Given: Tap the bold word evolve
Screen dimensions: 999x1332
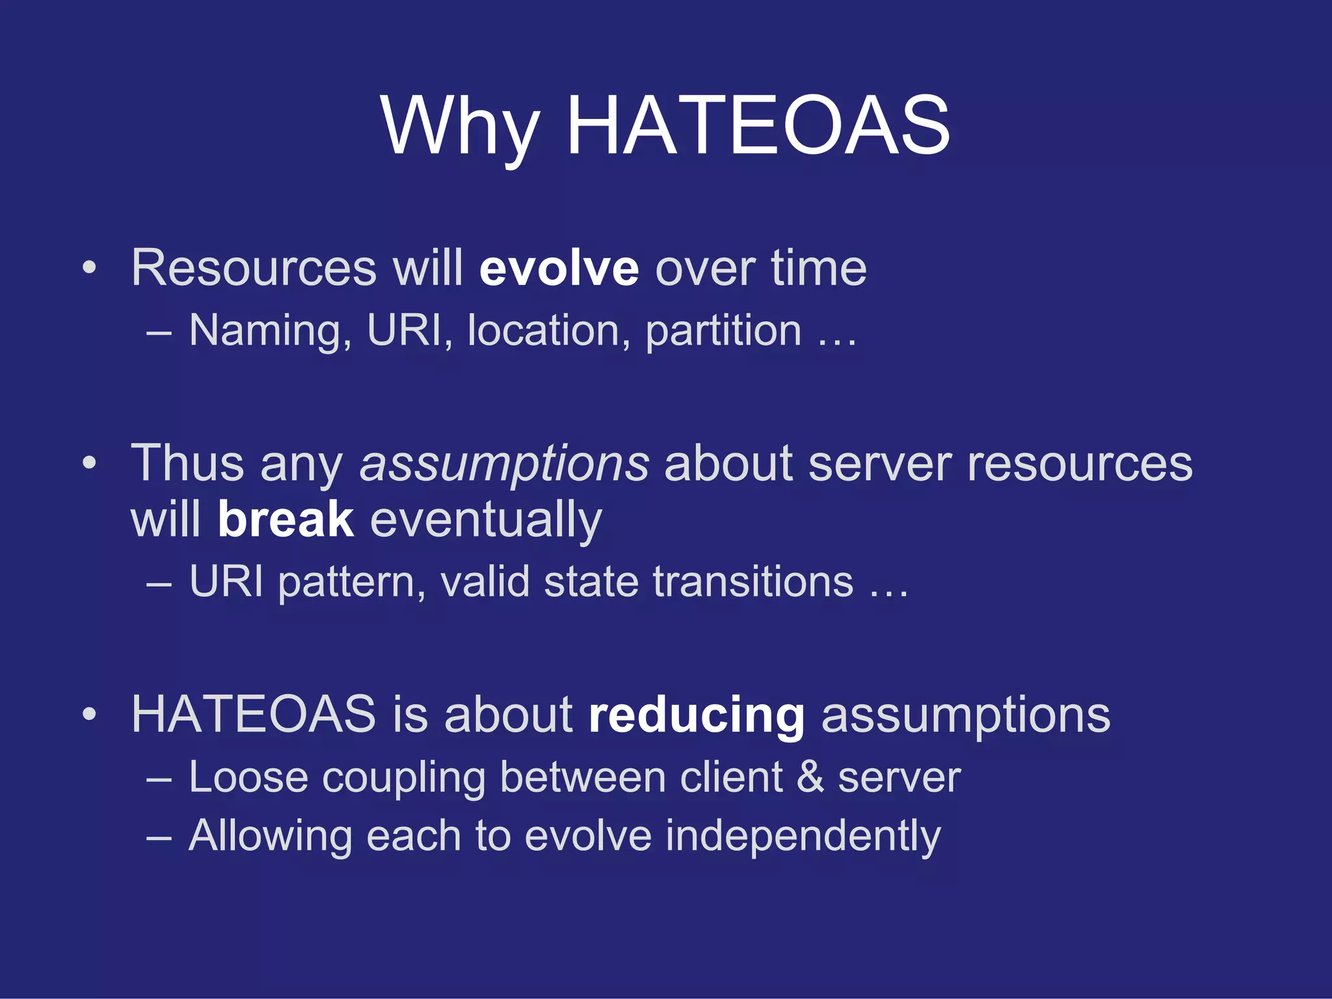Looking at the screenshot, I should pyautogui.click(x=559, y=268).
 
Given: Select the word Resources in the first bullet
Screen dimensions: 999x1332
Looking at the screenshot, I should pyautogui.click(x=254, y=268).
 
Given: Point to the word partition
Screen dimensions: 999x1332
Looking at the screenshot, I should pyautogui.click(x=723, y=330).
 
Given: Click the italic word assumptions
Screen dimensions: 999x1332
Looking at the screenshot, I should pyautogui.click(x=504, y=464).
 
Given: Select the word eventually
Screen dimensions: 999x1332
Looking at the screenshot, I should pyautogui.click(x=486, y=520).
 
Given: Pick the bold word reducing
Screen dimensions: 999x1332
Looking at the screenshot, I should pyautogui.click(x=696, y=715).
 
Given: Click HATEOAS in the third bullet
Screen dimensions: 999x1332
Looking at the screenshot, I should pyautogui.click(x=254, y=715).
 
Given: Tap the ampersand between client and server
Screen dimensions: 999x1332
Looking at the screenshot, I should pyautogui.click(x=810, y=777).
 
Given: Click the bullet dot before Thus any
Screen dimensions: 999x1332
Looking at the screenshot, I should pyautogui.click(x=90, y=464).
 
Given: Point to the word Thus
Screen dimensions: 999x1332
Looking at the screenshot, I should pyautogui.click(x=187, y=464).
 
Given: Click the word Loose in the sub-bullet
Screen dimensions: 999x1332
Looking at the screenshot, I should pyautogui.click(x=248, y=777).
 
